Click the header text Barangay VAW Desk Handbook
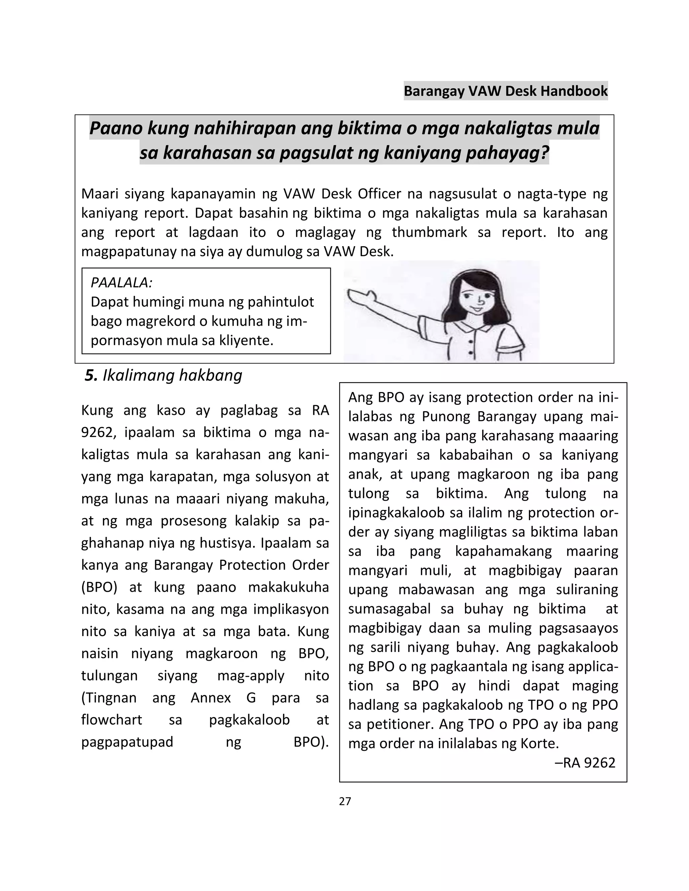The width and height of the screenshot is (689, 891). click(505, 90)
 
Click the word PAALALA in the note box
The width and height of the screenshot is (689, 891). click(121, 282)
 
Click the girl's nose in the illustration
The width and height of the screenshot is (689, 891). click(481, 302)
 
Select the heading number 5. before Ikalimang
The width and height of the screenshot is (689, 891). click(91, 375)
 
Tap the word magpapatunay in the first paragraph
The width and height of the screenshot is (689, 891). click(129, 252)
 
